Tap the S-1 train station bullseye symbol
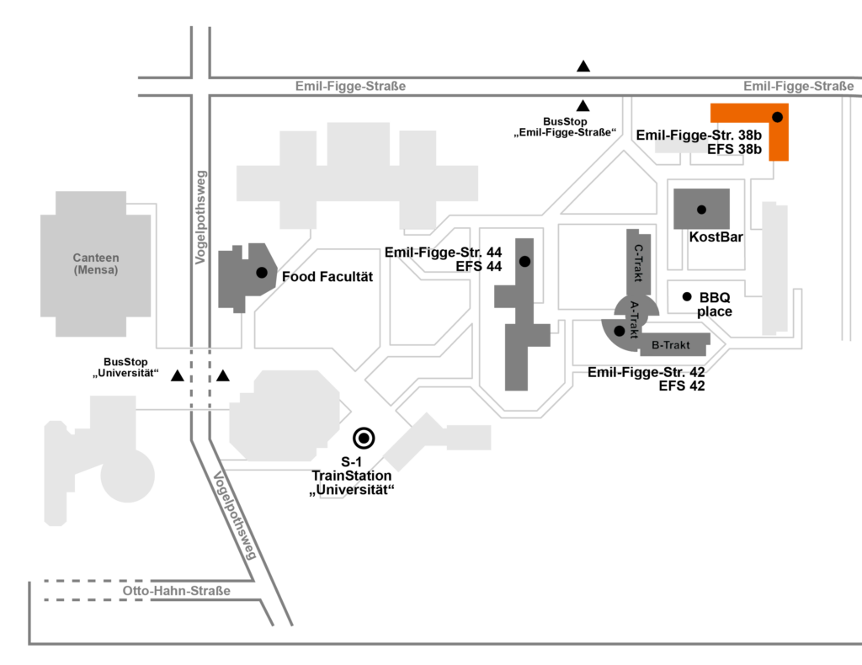point(364,437)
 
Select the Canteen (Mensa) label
point(96,264)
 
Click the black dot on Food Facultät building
point(262,272)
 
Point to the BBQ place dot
point(687,296)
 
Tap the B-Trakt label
point(671,345)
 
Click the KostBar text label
point(716,237)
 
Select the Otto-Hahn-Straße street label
point(176,591)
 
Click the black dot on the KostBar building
point(701,210)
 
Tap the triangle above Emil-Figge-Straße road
point(583,66)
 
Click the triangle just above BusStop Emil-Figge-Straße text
point(583,105)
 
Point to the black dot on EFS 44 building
point(524,262)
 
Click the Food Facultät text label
point(327,276)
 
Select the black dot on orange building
point(778,116)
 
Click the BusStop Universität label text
point(126,367)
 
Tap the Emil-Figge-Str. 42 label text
point(646,372)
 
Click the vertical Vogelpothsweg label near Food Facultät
point(201,217)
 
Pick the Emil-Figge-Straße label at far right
point(799,86)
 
